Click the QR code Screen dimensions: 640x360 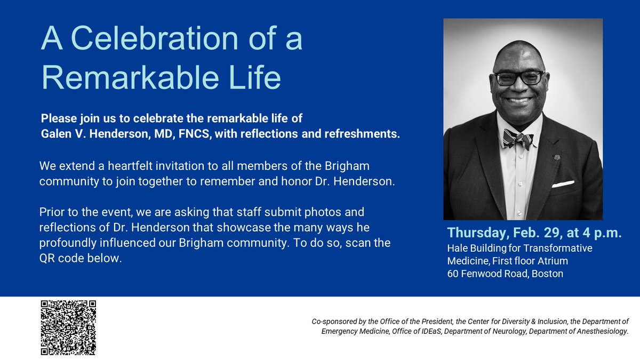(x=68, y=327)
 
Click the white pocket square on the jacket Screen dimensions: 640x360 (x=563, y=184)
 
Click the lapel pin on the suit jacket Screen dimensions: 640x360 (x=557, y=157)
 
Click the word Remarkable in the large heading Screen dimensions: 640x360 (x=130, y=77)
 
